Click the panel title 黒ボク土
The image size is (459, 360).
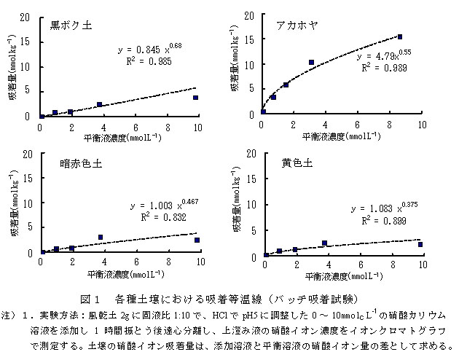click(71, 25)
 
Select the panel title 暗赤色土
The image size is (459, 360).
click(81, 163)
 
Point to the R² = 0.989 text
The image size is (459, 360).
click(385, 67)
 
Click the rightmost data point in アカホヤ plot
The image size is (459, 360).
click(400, 36)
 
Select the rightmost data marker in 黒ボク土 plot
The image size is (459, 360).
click(195, 97)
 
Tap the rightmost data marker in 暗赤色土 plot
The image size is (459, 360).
click(197, 240)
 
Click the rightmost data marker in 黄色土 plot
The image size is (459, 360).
click(420, 244)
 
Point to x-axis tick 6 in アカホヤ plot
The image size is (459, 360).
click(358, 125)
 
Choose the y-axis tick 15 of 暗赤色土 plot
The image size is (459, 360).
click(27, 179)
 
